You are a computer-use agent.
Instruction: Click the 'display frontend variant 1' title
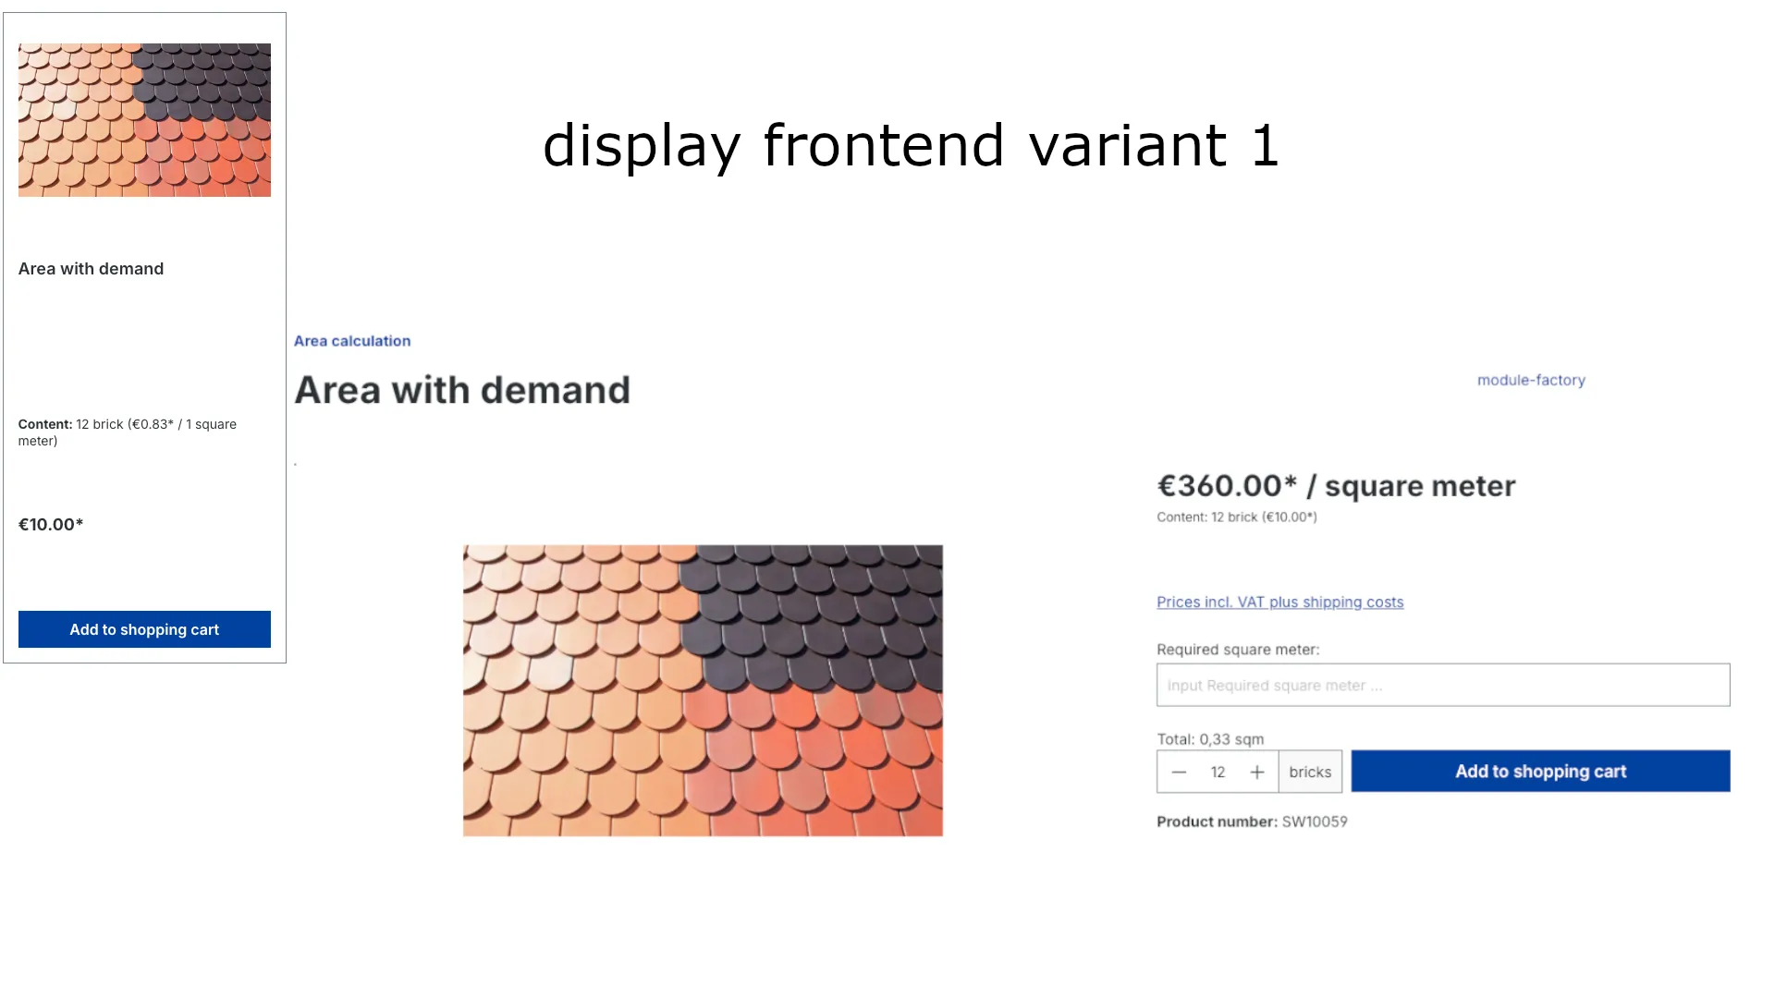[x=911, y=146]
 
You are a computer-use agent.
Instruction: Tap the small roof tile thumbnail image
[x=144, y=120]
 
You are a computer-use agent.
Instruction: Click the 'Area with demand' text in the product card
[x=91, y=269]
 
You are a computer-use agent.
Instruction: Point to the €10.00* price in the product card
[x=51, y=525]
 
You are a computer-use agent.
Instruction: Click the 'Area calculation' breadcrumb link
[x=352, y=341]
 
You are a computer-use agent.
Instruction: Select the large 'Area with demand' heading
[x=462, y=390]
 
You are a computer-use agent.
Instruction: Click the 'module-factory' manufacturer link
[x=1531, y=380]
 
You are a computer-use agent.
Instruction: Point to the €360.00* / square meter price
[x=1336, y=486]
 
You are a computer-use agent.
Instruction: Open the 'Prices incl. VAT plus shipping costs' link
[x=1279, y=602]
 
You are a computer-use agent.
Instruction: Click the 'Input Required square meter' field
[x=1442, y=685]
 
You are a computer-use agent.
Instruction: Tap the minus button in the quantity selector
[x=1179, y=772]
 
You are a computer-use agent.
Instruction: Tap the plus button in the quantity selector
[x=1257, y=772]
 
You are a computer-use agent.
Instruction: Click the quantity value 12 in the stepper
[x=1218, y=772]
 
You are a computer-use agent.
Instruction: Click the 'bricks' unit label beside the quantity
[x=1310, y=772]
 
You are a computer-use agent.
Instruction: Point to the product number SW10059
[x=1314, y=822]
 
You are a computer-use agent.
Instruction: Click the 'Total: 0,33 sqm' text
[x=1210, y=739]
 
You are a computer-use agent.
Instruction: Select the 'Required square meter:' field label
[x=1238, y=650]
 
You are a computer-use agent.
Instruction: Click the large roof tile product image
[x=703, y=690]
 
